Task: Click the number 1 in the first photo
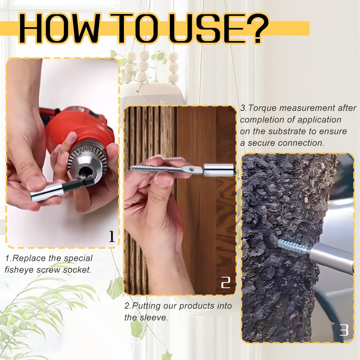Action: tap(112, 236)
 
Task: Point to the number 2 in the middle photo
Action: tap(225, 283)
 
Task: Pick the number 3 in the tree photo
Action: tap(344, 330)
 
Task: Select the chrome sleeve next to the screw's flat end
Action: tap(219, 170)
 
